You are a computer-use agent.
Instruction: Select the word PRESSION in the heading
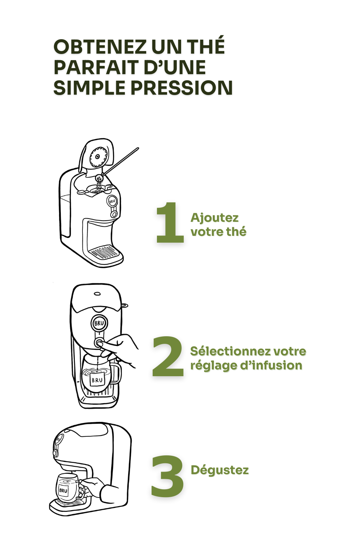tap(181, 87)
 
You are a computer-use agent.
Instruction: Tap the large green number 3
tap(167, 476)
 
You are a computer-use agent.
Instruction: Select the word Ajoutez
tap(214, 218)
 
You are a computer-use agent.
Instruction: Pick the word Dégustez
tap(220, 470)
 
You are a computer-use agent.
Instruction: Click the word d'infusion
tap(271, 365)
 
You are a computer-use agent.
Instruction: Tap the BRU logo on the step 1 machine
tap(112, 201)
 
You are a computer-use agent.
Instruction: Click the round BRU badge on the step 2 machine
tap(99, 323)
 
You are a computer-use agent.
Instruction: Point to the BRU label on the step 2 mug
tap(97, 380)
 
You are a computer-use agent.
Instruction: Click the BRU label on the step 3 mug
tap(63, 490)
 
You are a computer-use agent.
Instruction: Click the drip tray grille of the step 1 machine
tap(105, 252)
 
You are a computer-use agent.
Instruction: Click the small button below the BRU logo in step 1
tap(114, 214)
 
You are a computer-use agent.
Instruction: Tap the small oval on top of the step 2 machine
tap(97, 294)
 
